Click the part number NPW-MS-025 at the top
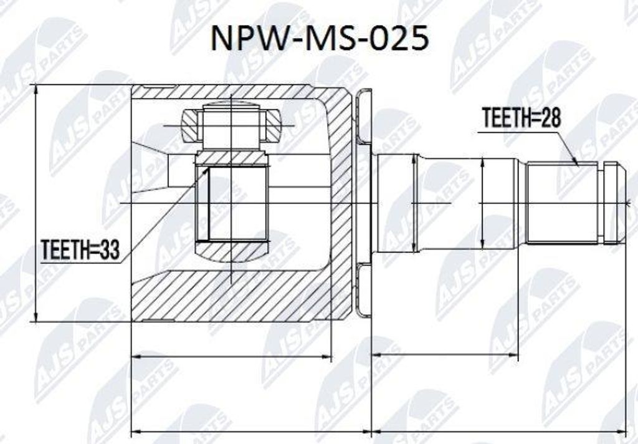point(319,38)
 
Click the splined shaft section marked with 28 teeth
point(561,202)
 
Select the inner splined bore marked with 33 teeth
point(232,204)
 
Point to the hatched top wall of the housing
point(237,92)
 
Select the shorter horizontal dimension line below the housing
point(231,357)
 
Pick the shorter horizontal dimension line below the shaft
point(445,355)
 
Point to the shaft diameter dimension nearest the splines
point(483,202)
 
